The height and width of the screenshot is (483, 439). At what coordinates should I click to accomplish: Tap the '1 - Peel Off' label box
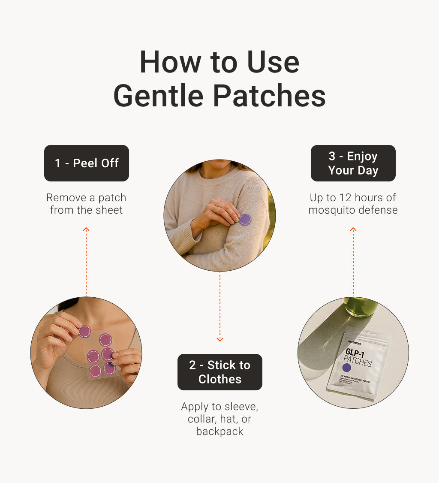coord(87,163)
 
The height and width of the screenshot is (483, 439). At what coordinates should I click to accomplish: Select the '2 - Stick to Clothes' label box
coord(219,372)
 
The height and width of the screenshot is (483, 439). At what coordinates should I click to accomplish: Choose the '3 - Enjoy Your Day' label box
coord(353,163)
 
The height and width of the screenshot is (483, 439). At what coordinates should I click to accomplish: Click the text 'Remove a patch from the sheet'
coord(86,204)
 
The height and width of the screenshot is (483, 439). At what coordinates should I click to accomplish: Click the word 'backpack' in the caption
coord(219,431)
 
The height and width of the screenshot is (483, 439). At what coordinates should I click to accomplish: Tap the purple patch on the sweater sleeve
coord(245,220)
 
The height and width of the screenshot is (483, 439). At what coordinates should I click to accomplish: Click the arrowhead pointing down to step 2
coord(219,339)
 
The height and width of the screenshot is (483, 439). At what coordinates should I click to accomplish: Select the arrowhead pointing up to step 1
coord(86,230)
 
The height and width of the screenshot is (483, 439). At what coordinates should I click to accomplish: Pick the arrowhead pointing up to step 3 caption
coord(353,230)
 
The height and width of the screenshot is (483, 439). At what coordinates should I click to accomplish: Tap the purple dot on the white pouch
coord(347,368)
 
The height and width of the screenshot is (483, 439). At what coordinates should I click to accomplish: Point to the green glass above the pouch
coord(361,306)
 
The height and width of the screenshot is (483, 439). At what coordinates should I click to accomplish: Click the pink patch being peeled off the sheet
coord(84,331)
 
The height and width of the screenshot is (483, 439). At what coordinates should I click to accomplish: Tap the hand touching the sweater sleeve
coord(216,214)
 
